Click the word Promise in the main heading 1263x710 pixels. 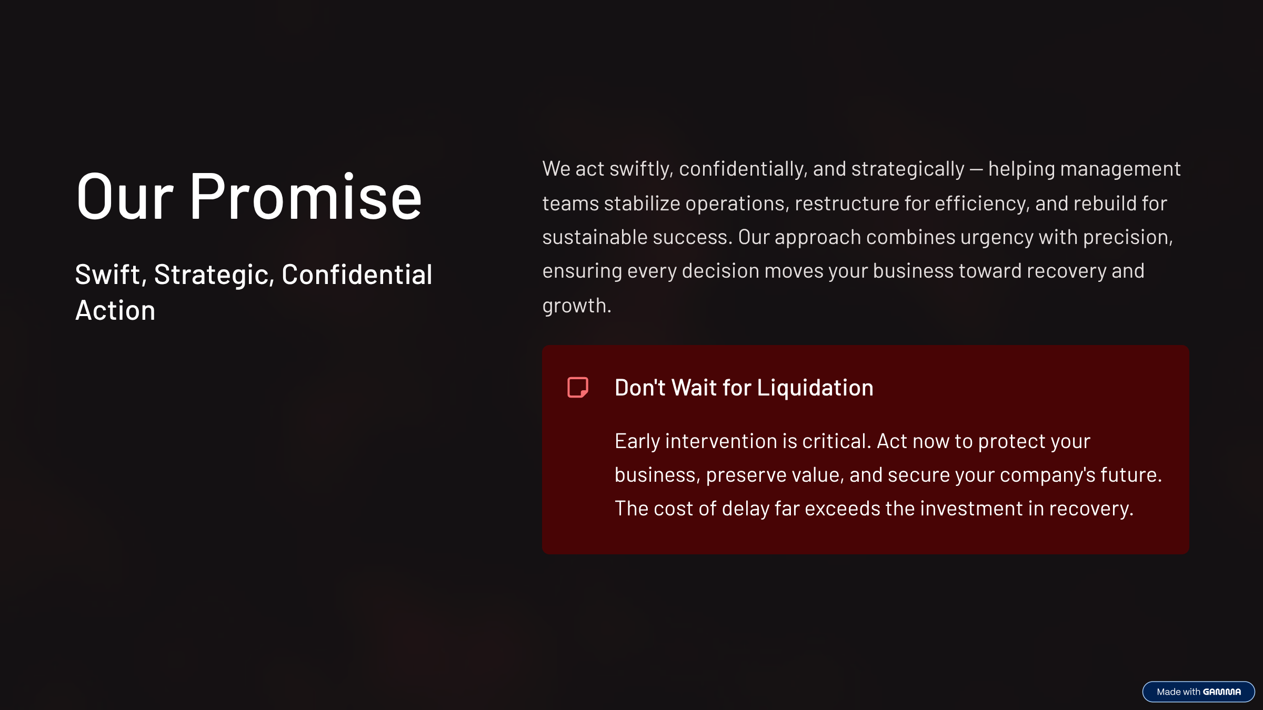305,196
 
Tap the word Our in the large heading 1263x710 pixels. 125,196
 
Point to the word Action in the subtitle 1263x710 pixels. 115,310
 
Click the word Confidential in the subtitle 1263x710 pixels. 357,275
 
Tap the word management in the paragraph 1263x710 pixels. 1120,169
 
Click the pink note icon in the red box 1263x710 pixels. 578,388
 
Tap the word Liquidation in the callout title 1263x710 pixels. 815,388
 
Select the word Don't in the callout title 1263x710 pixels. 640,388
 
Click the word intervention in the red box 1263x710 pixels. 721,441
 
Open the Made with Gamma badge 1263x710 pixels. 1198,692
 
